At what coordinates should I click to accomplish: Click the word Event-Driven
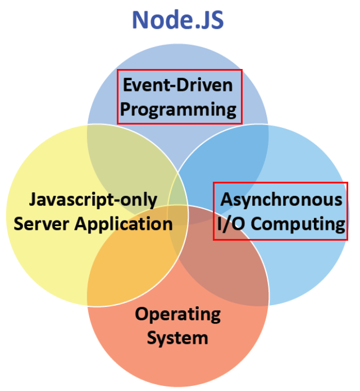point(177,85)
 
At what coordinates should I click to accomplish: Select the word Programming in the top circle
point(178,109)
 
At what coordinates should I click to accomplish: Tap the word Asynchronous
point(281,199)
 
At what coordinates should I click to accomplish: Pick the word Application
point(127,224)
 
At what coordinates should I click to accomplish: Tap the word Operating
point(177,314)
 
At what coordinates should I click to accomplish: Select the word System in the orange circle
point(177,338)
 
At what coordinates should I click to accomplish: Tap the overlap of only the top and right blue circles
point(236,149)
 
